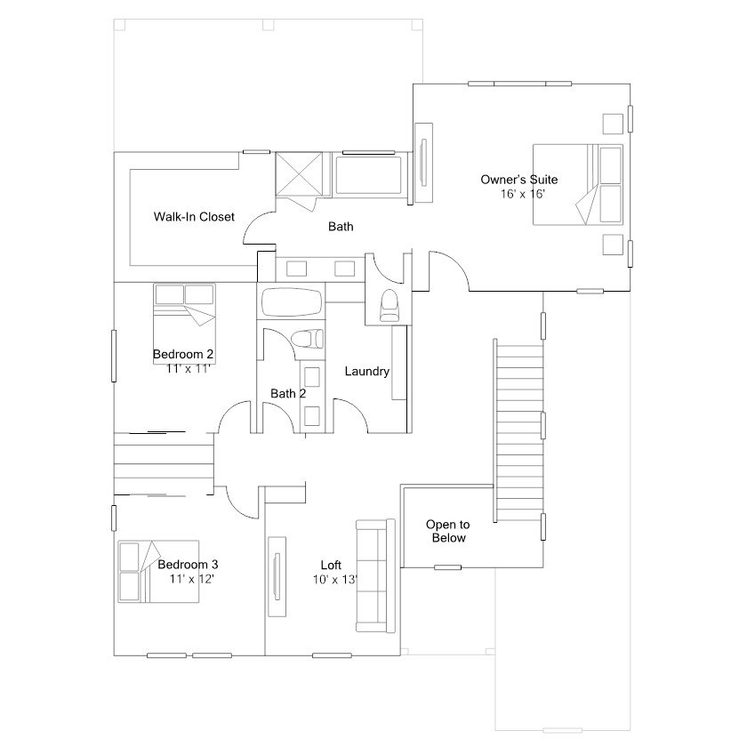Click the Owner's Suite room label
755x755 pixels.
519,180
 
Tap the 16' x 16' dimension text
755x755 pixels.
522,193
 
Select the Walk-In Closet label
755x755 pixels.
194,217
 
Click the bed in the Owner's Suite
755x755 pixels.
578,185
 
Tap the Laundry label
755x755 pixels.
367,372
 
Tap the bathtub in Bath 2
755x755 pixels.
292,302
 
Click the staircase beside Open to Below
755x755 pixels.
517,432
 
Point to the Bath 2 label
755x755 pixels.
288,393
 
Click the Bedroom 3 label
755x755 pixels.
188,565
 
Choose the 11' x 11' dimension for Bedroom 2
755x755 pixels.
188,368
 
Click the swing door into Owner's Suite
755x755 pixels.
447,270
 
